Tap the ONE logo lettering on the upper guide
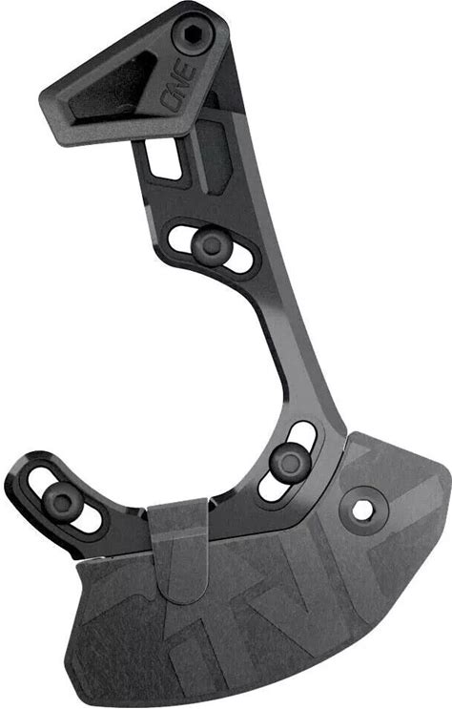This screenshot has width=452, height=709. tap(180, 86)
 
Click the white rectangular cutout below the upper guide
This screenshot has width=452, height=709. tap(164, 157)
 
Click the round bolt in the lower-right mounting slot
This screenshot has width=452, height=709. tap(290, 463)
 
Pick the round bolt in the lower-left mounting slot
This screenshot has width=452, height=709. tap(62, 503)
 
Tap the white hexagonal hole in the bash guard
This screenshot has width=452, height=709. tap(363, 511)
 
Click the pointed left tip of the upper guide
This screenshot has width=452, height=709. tap(41, 97)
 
